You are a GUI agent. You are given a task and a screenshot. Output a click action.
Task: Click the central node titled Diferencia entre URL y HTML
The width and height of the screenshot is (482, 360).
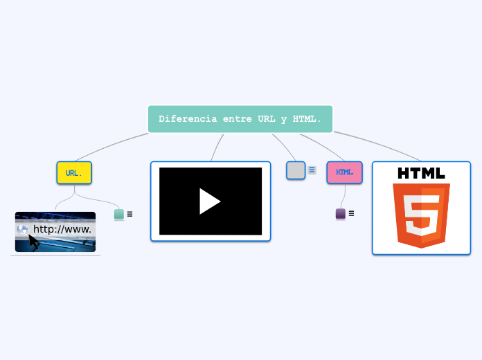pyautogui.click(x=240, y=119)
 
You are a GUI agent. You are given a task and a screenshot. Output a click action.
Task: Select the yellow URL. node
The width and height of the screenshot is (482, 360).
pyautogui.click(x=74, y=173)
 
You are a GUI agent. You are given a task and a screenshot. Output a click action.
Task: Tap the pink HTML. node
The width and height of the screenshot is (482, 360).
pyautogui.click(x=344, y=172)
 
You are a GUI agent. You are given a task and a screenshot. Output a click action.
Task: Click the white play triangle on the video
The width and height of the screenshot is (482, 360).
pyautogui.click(x=209, y=201)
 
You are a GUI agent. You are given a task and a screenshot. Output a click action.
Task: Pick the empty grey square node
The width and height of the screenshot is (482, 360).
pyautogui.click(x=296, y=170)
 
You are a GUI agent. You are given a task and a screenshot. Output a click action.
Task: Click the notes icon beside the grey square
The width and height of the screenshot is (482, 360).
pyautogui.click(x=312, y=170)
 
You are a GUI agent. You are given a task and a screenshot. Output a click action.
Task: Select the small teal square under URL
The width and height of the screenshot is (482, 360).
pyautogui.click(x=119, y=215)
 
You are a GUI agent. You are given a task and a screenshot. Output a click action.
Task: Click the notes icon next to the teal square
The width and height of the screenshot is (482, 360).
pyautogui.click(x=130, y=215)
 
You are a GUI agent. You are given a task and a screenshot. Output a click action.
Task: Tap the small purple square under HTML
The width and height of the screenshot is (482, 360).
pyautogui.click(x=341, y=214)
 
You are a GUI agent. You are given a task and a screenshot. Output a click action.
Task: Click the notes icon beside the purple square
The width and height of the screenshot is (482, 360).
pyautogui.click(x=351, y=214)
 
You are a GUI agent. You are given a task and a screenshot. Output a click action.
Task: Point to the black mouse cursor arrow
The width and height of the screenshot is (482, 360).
pyautogui.click(x=33, y=242)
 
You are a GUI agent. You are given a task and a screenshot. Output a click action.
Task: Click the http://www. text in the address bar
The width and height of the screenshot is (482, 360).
pyautogui.click(x=62, y=229)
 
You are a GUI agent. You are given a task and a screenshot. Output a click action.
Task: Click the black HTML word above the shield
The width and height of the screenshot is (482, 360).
pyautogui.click(x=421, y=172)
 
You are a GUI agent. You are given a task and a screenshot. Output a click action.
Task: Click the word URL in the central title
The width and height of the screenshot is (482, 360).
pyautogui.click(x=267, y=119)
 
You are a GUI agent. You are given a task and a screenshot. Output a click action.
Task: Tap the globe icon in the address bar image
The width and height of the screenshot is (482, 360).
pyautogui.click(x=23, y=229)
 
